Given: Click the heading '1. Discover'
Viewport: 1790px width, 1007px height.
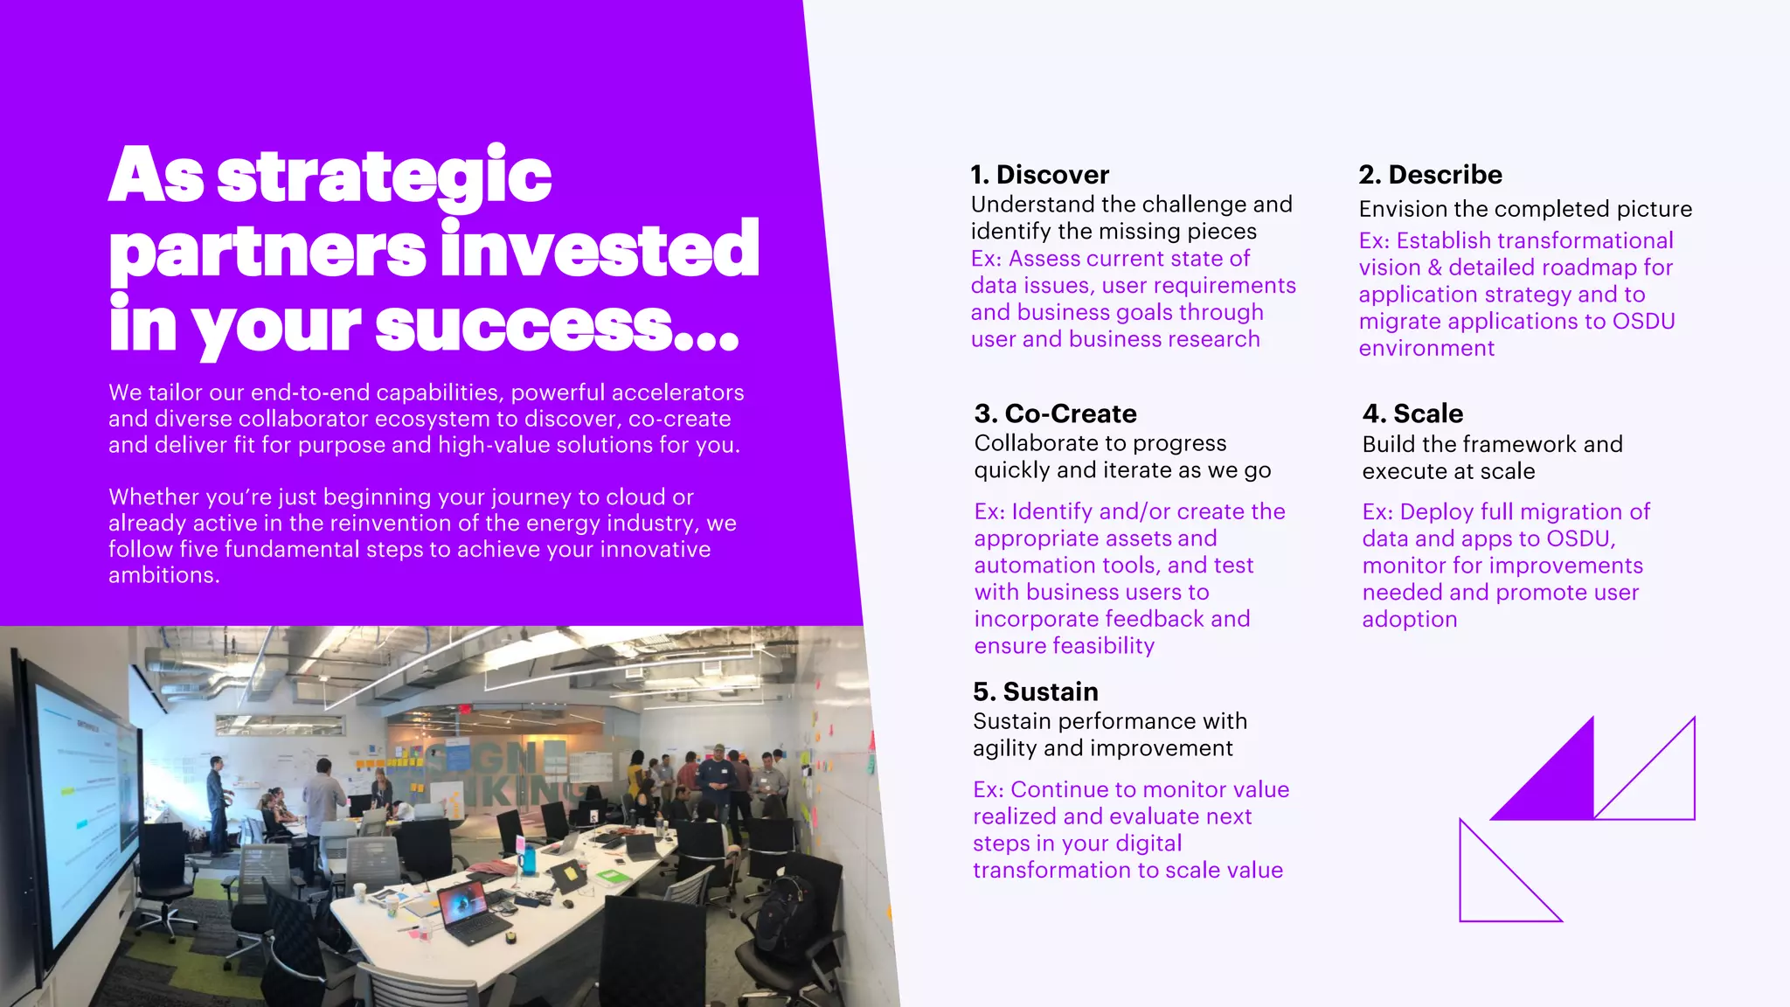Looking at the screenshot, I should (x=1039, y=175).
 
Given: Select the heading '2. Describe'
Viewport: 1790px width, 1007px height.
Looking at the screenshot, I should (x=1430, y=175).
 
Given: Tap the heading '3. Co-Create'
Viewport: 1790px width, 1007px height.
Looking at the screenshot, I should (x=1055, y=413).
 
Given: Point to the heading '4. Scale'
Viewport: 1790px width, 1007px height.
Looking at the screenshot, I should (x=1412, y=413).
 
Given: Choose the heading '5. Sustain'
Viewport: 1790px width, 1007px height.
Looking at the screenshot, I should (x=1035, y=691).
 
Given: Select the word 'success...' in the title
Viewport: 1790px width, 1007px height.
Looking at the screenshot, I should (x=557, y=326).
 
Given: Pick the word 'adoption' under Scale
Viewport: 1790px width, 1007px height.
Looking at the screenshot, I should (x=1409, y=620).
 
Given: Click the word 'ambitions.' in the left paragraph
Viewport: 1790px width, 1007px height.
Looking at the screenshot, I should (x=163, y=575).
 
